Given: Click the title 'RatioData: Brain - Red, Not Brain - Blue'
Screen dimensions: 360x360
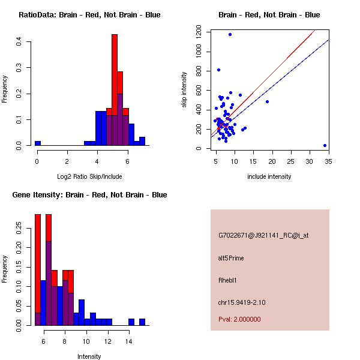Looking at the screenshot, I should tap(89, 15).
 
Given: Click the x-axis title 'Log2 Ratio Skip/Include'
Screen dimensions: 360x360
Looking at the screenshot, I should tap(89, 176).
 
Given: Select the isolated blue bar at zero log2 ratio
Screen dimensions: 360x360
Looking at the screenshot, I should tap(38, 143).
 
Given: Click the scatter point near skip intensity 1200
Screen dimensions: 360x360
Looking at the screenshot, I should tap(230, 35).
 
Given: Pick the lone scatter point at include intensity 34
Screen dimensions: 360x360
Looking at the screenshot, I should tap(325, 145).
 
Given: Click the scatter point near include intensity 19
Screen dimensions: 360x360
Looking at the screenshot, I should tap(267, 101).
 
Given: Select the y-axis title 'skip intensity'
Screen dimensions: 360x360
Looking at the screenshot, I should tap(184, 90).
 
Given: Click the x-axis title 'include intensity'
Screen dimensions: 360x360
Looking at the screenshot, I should tap(269, 176).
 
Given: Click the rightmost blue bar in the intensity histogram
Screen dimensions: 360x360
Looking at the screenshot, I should tap(142, 322).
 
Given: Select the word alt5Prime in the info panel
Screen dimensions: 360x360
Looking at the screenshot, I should tap(231, 258).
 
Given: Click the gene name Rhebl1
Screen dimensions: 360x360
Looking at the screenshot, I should tap(228, 280).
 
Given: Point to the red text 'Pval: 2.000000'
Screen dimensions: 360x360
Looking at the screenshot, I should tap(239, 319).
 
